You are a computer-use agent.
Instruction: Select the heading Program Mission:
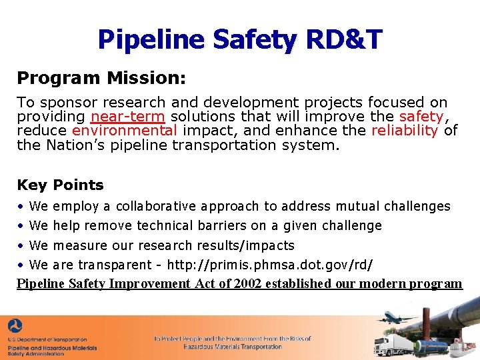point(101,78)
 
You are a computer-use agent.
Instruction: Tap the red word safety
point(420,117)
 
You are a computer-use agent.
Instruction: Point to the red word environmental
point(125,131)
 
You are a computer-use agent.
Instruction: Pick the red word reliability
point(405,131)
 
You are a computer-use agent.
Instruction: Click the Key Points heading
point(61,185)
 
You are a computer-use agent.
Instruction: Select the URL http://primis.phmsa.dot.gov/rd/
point(269,265)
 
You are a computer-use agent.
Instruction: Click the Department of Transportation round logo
point(15,327)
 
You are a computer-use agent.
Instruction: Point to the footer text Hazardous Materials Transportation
point(233,347)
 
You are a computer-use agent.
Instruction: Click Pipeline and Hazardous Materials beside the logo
point(53,347)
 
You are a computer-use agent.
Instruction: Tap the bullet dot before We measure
point(21,245)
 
